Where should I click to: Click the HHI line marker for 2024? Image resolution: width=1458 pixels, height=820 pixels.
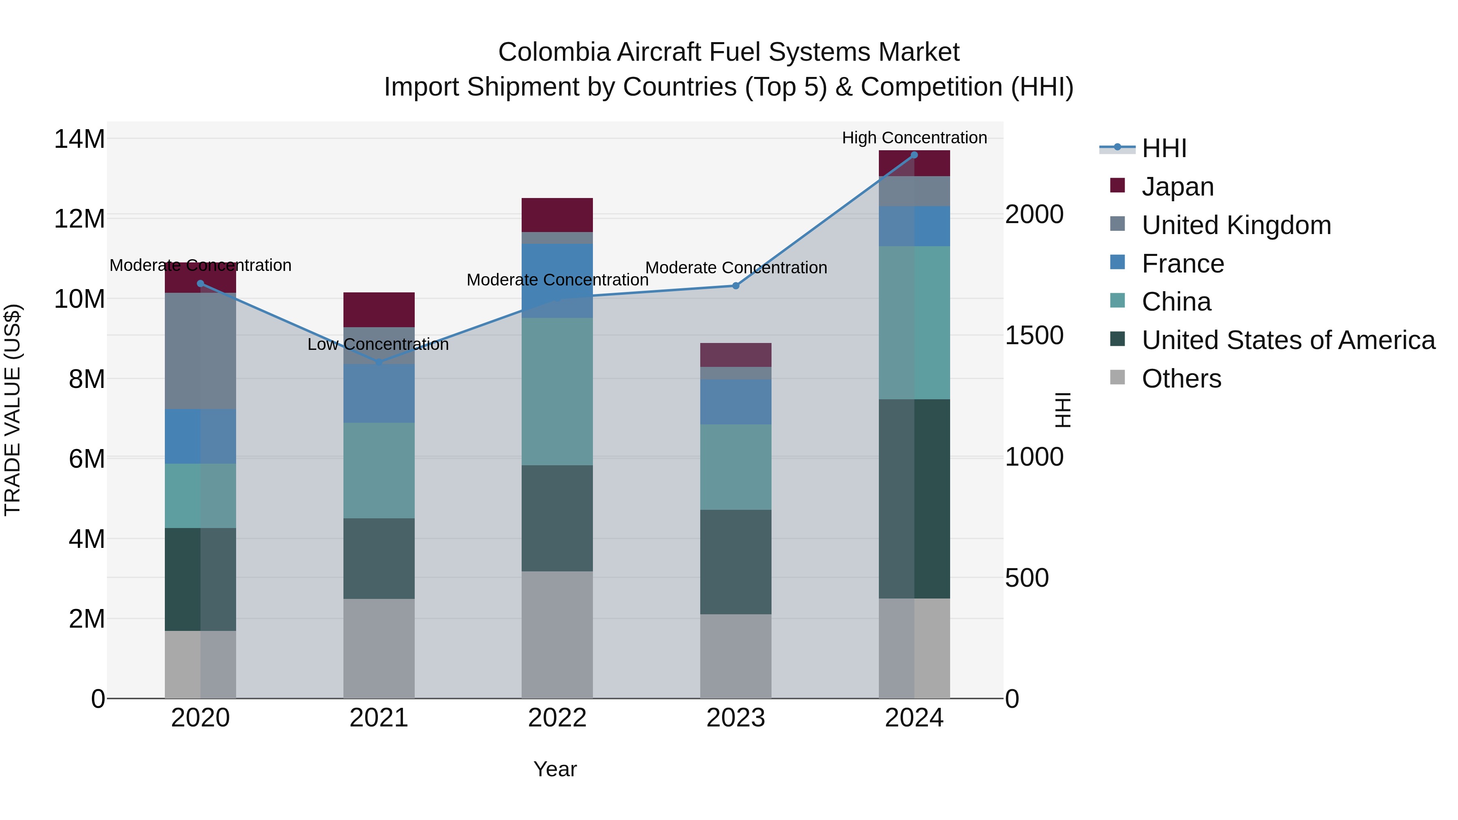tap(914, 155)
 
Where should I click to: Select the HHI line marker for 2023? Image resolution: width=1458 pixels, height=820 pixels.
tap(736, 286)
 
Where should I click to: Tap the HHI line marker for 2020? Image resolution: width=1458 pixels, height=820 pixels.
tap(200, 283)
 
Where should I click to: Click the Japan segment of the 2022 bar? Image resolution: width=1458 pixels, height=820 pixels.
tap(557, 215)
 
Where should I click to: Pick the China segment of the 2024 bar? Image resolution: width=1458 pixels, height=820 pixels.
tap(914, 323)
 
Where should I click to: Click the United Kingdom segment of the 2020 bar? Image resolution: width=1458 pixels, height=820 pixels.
tap(200, 351)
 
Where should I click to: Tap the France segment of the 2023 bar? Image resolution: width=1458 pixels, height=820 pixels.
tap(736, 401)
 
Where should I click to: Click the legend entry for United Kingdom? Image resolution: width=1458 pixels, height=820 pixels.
tap(1236, 225)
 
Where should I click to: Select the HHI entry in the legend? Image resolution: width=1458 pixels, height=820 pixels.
tap(1164, 148)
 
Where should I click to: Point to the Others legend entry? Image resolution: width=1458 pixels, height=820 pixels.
tap(1181, 379)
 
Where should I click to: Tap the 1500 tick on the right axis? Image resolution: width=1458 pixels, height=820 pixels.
tap(1034, 336)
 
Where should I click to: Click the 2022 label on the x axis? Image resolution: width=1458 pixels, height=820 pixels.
tap(557, 718)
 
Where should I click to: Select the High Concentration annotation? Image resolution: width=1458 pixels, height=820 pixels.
tap(914, 138)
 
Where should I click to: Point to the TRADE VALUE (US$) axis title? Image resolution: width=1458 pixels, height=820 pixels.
tap(13, 410)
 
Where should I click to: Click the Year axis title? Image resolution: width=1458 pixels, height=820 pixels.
tap(555, 769)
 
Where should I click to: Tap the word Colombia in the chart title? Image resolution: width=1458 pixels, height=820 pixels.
tap(554, 52)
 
